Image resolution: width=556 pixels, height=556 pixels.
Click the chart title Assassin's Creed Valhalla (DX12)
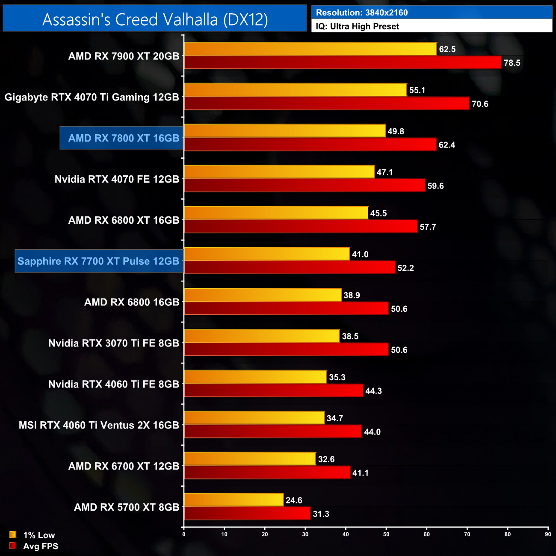click(155, 19)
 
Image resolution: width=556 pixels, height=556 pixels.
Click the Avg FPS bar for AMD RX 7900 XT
click(343, 62)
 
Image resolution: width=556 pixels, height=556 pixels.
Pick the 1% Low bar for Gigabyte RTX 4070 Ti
click(295, 90)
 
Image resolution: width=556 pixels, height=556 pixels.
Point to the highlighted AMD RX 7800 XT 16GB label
click(123, 138)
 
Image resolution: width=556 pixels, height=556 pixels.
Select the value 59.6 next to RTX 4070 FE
click(435, 186)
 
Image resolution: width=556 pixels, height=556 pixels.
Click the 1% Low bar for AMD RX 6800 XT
click(276, 213)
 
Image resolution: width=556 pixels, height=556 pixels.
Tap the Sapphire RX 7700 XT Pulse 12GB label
click(98, 261)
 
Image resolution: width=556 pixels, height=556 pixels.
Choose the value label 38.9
click(352, 295)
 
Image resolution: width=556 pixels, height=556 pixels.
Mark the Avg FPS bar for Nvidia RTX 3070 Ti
click(286, 350)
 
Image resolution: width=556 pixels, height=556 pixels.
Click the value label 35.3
click(337, 377)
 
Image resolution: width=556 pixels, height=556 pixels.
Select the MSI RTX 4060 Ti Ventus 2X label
click(99, 425)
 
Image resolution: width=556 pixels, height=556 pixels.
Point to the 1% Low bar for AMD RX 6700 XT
click(250, 459)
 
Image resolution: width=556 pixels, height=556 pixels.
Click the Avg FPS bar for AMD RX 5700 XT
click(247, 514)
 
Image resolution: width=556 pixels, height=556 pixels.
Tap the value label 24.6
click(294, 500)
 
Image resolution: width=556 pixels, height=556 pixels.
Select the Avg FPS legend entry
click(34, 546)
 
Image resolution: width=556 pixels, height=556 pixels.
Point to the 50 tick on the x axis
click(386, 534)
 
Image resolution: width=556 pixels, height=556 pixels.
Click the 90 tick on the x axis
click(548, 534)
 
